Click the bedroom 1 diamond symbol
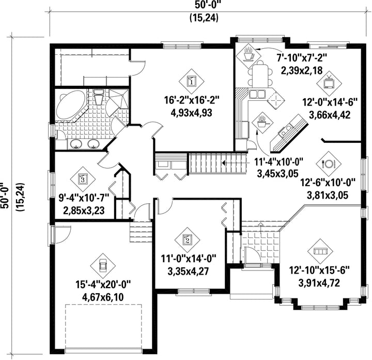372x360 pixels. tap(191, 82)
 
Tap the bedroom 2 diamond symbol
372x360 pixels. tap(187, 240)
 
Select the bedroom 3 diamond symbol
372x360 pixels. tap(83, 179)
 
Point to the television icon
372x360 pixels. tap(329, 83)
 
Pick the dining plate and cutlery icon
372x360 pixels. tap(329, 163)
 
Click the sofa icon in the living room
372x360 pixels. tap(320, 251)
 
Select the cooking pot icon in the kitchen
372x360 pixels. tap(262, 123)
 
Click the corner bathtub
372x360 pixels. tap(70, 105)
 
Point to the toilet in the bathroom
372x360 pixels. tap(98, 97)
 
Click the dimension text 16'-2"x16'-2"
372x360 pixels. tap(192, 100)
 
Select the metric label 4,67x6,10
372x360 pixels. tap(103, 297)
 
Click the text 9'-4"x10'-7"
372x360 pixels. tap(84, 198)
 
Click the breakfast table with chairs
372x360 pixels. tap(260, 74)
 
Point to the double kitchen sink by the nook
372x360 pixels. tap(257, 94)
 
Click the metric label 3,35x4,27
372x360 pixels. tap(188, 271)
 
